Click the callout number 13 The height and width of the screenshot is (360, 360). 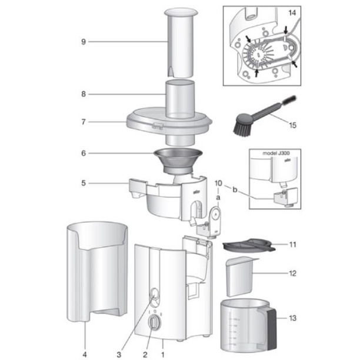(x=292, y=318)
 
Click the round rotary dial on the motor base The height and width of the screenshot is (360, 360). (x=155, y=323)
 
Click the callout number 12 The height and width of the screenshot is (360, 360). (x=292, y=273)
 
